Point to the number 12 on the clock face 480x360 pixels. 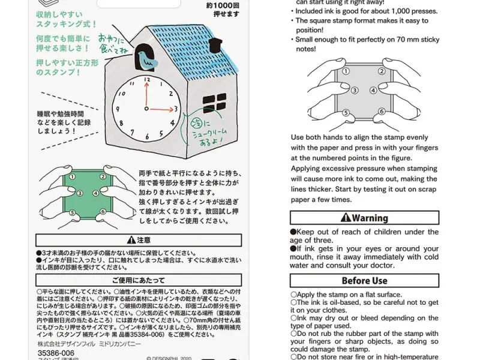tap(145, 83)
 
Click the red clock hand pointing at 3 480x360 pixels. tap(161, 110)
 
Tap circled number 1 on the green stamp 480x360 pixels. tap(71, 178)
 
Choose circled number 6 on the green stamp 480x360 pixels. tap(103, 212)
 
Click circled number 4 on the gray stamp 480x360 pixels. tap(373, 91)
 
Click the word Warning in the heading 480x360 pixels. tap(370, 218)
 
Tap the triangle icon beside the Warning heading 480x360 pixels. tap(346, 218)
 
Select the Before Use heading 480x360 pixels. tap(364, 281)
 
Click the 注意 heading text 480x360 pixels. tap(136, 240)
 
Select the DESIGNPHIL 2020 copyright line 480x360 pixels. tap(170, 356)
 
